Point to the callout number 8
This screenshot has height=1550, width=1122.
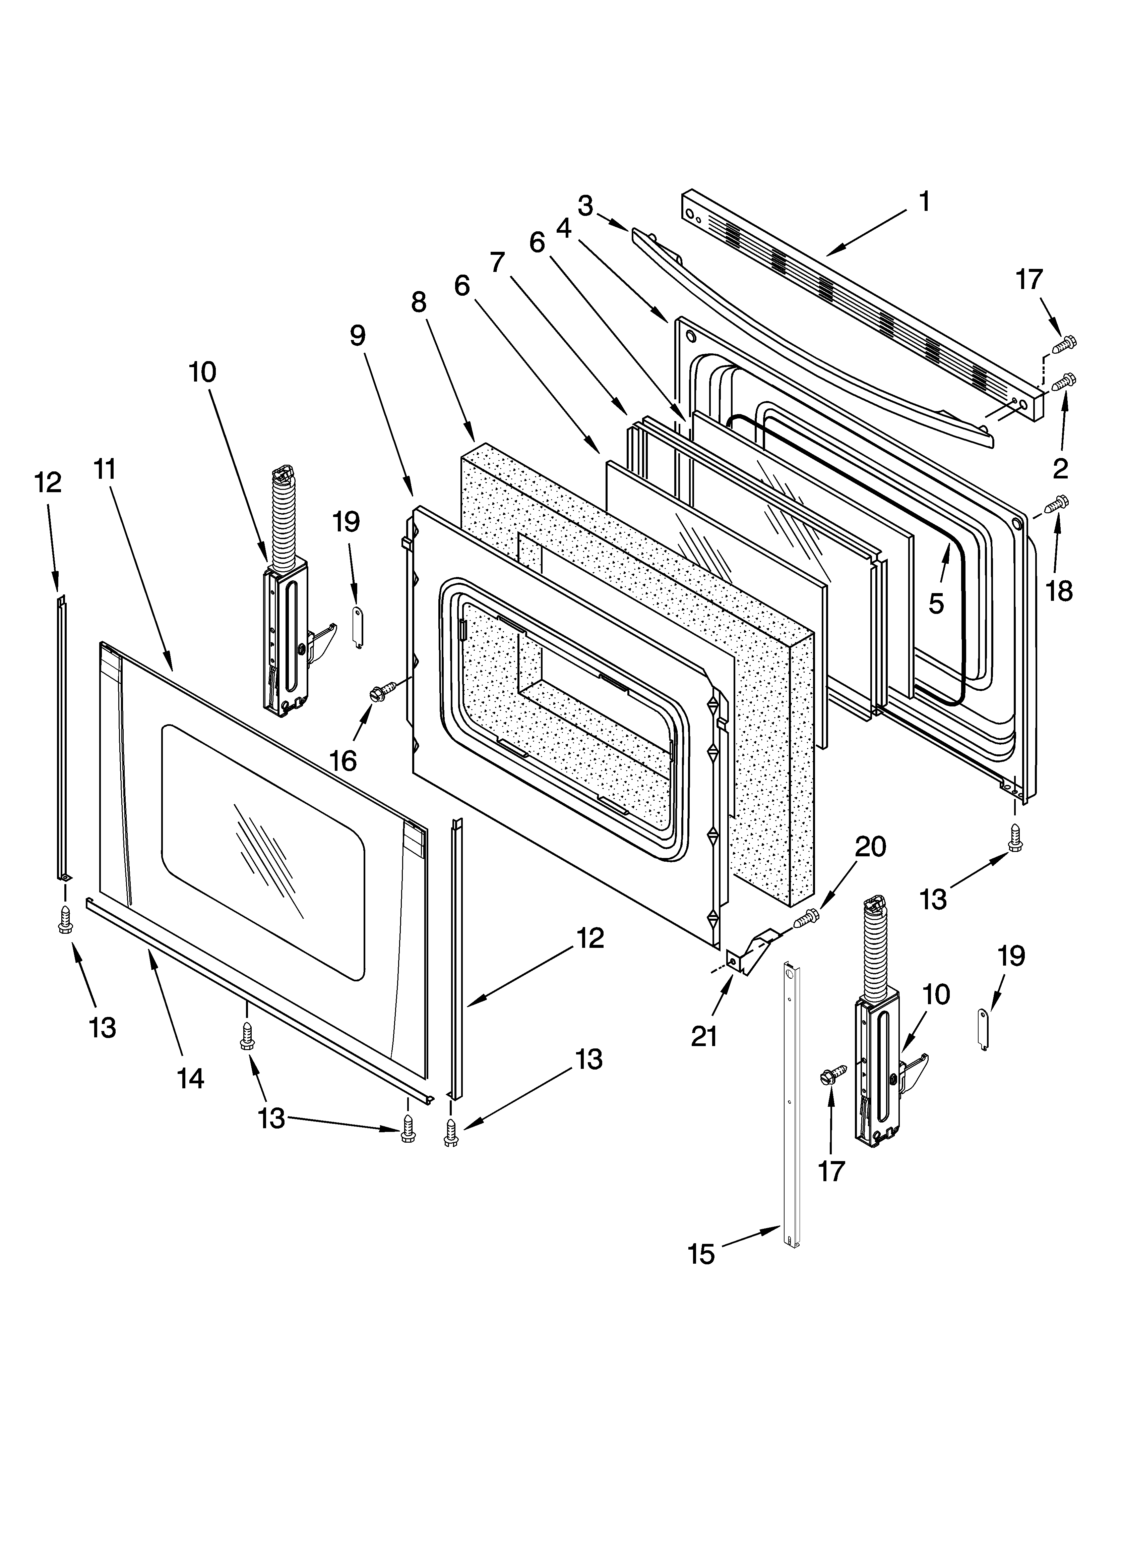419,301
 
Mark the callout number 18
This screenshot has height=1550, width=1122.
1059,590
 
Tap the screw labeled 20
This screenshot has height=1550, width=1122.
806,918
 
